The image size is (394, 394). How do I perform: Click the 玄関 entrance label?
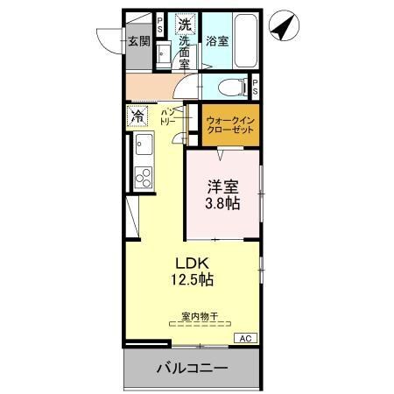137,40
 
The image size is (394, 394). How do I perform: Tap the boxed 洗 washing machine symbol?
185,25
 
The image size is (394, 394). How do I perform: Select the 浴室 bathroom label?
217,40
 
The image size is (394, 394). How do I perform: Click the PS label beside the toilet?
255,87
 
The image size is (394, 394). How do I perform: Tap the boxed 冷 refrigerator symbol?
137,116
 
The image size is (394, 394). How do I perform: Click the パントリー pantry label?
168,117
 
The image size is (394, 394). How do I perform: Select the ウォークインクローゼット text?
231,125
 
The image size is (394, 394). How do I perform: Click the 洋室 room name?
222,186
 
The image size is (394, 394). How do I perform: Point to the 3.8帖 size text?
222,203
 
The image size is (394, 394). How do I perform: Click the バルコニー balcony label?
192,368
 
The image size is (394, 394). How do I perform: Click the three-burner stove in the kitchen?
142,178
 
